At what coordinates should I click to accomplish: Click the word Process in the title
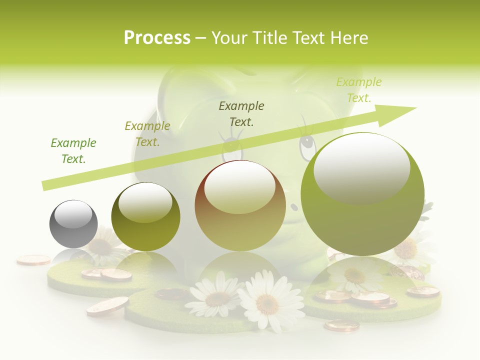tap(157, 38)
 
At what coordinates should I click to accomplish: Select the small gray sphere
tap(73, 224)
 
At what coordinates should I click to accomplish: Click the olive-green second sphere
tap(145, 216)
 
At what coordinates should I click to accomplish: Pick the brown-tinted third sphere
tap(240, 205)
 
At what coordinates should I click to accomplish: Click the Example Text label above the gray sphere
tap(73, 151)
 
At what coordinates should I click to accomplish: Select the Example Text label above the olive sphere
tap(147, 134)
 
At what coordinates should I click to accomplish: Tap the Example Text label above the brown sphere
tap(241, 113)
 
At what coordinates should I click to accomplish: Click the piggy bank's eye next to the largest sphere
tap(306, 144)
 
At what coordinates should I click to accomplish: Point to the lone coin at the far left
tap(33, 259)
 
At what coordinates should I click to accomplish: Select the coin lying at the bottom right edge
tap(341, 325)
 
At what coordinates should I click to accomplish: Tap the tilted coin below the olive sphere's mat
tap(107, 305)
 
